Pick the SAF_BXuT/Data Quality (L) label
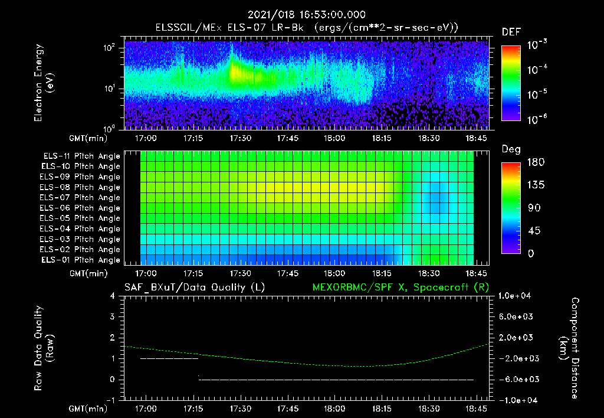[194, 288]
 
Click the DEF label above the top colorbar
[511, 32]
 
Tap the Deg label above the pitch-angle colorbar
[511, 149]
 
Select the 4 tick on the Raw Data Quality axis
[114, 296]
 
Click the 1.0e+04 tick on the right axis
[516, 296]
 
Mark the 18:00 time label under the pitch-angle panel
[334, 274]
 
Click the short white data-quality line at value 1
[169, 358]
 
